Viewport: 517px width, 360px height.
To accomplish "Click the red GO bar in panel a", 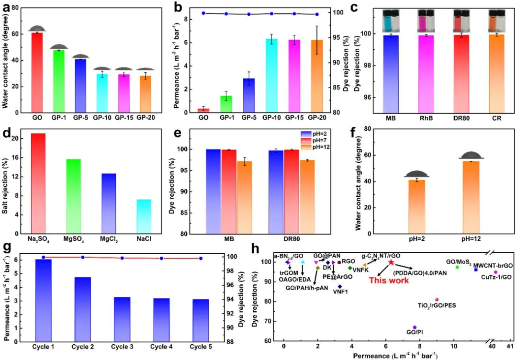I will pyautogui.click(x=37, y=72).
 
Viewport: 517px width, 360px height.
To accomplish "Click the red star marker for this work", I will pyautogui.click(x=391, y=262).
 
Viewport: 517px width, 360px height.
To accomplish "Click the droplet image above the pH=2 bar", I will pyautogui.click(x=416, y=174).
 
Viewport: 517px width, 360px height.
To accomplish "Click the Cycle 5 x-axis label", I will pyautogui.click(x=201, y=346).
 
